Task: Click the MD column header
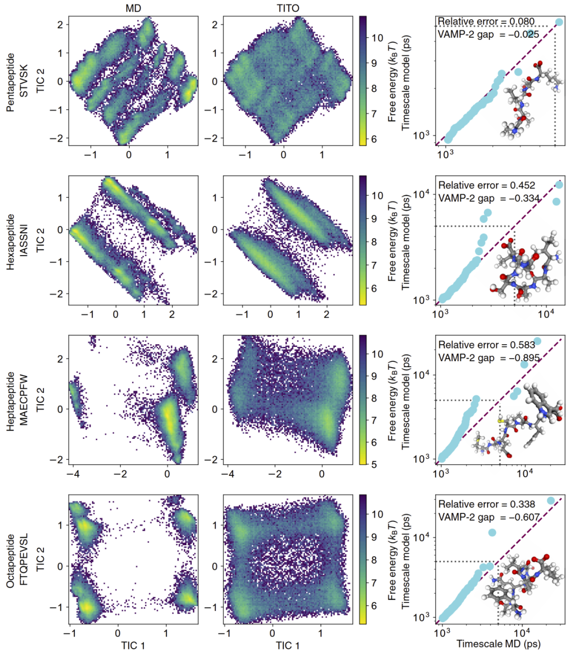pos(133,8)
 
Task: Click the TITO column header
pos(288,8)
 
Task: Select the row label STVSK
pos(24,82)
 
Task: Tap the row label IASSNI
pos(24,241)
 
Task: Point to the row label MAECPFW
pos(24,400)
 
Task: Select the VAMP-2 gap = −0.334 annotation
pos(488,198)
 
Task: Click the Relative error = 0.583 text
pos(486,345)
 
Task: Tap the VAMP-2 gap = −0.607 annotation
pos(488,517)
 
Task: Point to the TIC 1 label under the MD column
pos(133,645)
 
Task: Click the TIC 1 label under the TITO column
pos(288,645)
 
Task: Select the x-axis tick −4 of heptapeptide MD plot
pos(73,474)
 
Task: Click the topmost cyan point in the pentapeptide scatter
pos(559,22)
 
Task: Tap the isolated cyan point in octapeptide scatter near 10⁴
pos(492,533)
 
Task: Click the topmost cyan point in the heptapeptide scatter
pos(537,341)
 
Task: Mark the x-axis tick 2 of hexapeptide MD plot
pos(172,315)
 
